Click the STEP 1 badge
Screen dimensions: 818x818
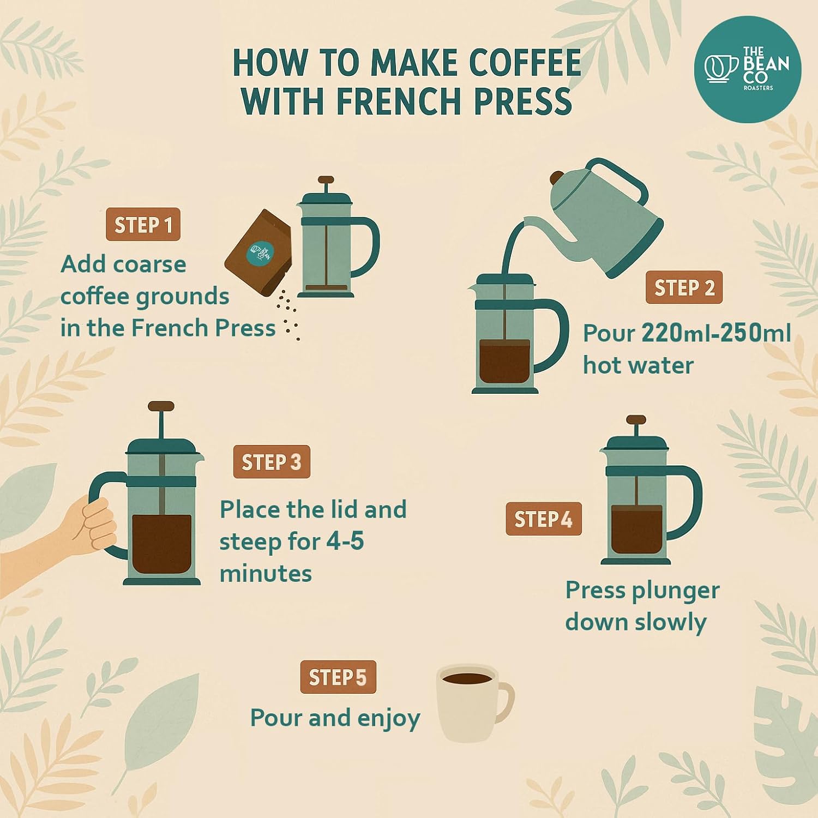[143, 225]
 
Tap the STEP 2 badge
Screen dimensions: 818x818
[684, 287]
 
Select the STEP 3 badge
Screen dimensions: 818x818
[272, 462]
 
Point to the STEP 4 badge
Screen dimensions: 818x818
[543, 519]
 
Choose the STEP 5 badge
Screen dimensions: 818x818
[338, 677]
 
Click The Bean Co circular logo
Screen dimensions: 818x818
[747, 69]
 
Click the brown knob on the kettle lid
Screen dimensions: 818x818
[557, 178]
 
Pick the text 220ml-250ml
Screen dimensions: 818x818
[716, 333]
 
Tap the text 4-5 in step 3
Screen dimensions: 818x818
[345, 541]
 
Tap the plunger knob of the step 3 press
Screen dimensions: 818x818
[161, 406]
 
